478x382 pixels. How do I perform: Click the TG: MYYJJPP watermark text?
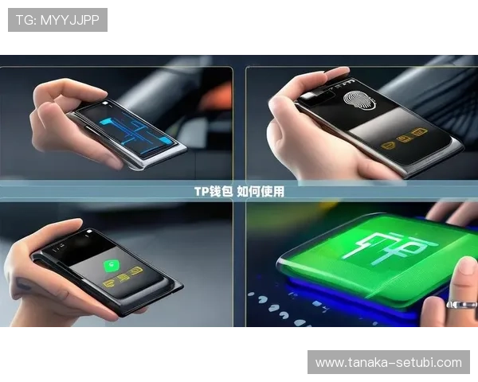(x=57, y=20)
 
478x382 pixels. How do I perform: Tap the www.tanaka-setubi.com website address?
(x=389, y=363)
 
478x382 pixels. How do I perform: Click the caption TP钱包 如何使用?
(x=239, y=192)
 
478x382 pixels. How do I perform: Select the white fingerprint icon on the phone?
(x=359, y=100)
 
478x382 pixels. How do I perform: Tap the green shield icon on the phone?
(x=112, y=266)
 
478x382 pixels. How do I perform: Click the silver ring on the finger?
(x=461, y=305)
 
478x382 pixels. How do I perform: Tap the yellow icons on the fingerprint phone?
(x=404, y=139)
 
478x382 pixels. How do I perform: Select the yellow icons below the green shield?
(x=123, y=277)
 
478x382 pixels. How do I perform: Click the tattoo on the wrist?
(x=23, y=283)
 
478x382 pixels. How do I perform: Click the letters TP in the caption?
(x=202, y=192)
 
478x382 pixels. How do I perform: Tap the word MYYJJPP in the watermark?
(x=70, y=20)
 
